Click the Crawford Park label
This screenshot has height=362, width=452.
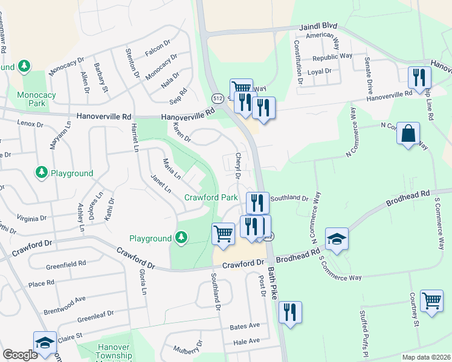[x=211, y=197]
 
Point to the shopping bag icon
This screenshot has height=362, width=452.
[x=408, y=134]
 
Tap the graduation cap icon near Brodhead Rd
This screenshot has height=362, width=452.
[x=337, y=239]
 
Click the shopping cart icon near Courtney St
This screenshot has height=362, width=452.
[x=431, y=301]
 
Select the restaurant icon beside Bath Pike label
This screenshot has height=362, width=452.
[x=291, y=313]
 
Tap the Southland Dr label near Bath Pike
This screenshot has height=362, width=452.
[x=289, y=197]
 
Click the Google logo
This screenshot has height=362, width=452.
[x=20, y=355]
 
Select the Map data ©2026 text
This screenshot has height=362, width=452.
[x=426, y=357]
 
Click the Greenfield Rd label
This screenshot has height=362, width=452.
[x=65, y=263]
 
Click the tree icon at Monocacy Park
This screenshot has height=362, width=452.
[x=24, y=66]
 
